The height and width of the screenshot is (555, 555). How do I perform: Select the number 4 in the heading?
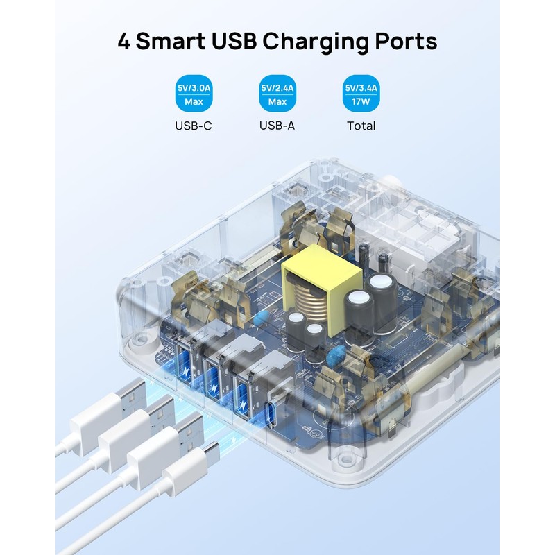(x=124, y=41)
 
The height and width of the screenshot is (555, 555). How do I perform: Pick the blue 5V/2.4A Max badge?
(x=277, y=95)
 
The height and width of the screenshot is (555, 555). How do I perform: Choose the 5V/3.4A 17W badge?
(x=361, y=95)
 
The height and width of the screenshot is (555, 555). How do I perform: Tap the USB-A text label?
(x=277, y=126)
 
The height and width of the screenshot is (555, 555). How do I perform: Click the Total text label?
(x=361, y=126)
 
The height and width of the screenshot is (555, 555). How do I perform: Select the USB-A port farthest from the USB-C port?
(x=187, y=365)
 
